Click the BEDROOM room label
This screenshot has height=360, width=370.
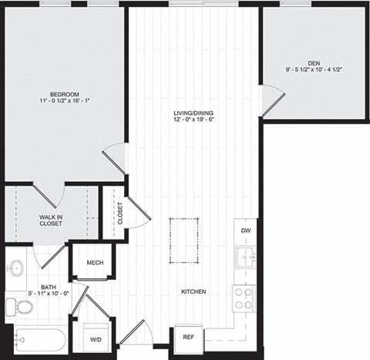click(66, 94)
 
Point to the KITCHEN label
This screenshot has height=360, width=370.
click(193, 291)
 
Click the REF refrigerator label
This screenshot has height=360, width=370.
click(187, 337)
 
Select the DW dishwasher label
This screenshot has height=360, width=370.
click(245, 230)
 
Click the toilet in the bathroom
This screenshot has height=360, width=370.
click(22, 307)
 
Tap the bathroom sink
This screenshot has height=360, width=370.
click(15, 267)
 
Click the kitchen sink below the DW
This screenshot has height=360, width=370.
click(245, 257)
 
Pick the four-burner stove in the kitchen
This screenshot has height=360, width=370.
click(244, 296)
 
